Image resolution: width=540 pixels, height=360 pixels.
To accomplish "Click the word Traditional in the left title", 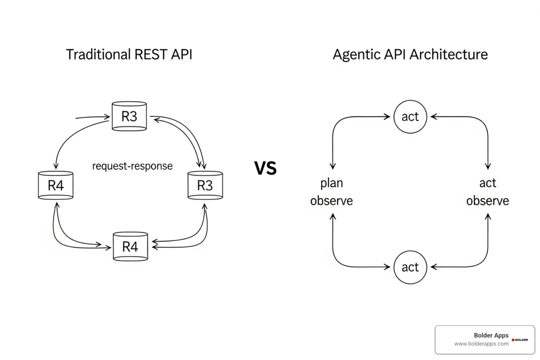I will coord(98,54).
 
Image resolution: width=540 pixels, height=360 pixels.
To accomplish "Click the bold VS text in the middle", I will coord(265,168).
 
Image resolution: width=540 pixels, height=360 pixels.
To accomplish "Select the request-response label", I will coord(132,166).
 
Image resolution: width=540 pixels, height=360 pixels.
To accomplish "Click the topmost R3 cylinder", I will coord(129,116).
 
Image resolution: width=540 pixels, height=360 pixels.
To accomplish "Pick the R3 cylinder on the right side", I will coord(205,185).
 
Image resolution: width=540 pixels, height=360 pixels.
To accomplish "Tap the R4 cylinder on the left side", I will coord(56,185).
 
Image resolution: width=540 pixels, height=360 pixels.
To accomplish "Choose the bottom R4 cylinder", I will coord(130,246).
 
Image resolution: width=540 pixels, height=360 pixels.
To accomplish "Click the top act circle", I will coord(410,117).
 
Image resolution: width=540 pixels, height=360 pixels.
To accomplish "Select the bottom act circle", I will coord(410,267).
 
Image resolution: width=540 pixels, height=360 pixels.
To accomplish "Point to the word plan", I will coord(331,183).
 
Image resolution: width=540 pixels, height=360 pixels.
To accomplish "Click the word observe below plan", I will coord(331,201).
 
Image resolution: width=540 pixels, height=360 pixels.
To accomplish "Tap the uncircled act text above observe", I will coord(488,183).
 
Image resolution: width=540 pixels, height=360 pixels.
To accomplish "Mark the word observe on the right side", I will coord(488,201).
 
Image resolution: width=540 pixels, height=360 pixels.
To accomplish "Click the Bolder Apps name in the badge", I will coord(491,335).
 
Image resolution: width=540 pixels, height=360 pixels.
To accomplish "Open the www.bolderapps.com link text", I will coord(481,344).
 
